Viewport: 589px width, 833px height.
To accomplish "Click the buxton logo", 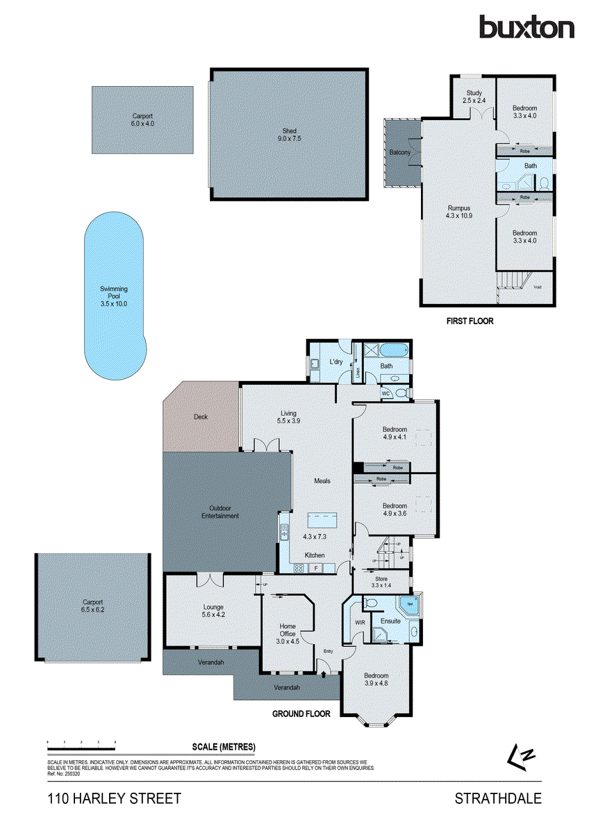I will click(526, 28).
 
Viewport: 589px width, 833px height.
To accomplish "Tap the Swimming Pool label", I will click(114, 296).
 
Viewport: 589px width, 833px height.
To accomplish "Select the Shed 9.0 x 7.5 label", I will click(289, 134).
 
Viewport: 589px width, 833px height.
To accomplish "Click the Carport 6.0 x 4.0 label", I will click(142, 119).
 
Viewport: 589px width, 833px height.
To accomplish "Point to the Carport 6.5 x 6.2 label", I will click(92, 606).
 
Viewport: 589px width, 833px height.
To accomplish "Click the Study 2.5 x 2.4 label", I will click(474, 96).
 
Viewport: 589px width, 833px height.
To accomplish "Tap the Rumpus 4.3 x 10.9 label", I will click(458, 212).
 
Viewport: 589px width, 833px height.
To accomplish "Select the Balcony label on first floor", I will click(400, 152).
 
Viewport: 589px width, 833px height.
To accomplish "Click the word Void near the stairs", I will click(538, 287).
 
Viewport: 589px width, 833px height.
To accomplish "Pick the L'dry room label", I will click(336, 362).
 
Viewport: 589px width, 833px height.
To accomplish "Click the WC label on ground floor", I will click(385, 394).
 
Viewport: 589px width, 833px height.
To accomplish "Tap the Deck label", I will click(201, 417).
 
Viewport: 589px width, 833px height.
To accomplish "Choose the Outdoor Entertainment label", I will click(220, 512).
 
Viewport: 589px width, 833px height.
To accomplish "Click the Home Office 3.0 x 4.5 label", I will click(288, 630).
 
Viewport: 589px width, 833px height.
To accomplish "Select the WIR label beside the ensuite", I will click(360, 623).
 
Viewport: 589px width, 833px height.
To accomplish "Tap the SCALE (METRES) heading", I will click(224, 747).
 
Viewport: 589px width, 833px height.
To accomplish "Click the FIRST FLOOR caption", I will click(470, 321).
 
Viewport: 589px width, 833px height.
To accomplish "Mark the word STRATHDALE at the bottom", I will click(497, 799).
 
